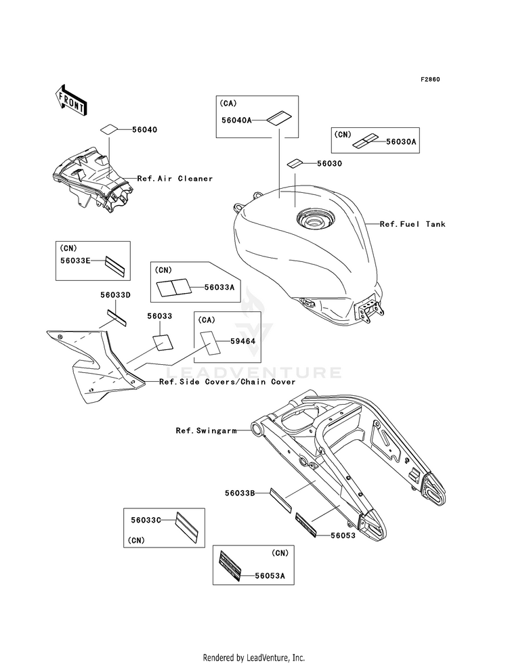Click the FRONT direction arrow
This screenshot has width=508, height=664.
70,100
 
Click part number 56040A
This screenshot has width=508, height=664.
236,120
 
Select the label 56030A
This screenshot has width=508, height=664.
401,142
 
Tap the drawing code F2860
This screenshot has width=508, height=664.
430,79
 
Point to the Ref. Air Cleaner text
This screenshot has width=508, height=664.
175,179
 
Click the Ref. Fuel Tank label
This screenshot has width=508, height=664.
412,224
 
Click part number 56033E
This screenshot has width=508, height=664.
75,261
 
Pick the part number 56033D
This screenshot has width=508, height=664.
115,294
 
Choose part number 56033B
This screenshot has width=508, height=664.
240,493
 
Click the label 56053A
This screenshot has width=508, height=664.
270,575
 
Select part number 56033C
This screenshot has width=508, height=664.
146,520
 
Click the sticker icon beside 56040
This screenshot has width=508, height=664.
109,129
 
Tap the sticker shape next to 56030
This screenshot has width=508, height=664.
295,163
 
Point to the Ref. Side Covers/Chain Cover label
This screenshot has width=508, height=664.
227,382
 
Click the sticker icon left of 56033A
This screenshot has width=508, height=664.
173,288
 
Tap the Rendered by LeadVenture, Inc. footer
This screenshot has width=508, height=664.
254,658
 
